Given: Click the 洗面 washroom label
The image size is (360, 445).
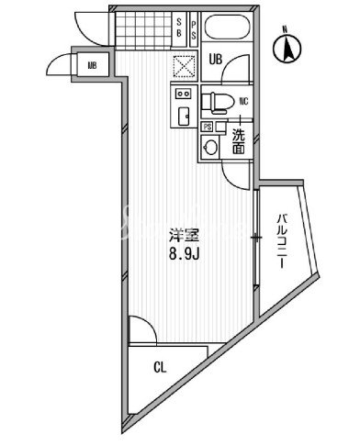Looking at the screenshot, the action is tap(238, 141).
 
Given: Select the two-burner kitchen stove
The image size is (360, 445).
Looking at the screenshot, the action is tap(181, 95).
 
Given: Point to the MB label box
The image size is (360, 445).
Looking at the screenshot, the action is tap(92, 64).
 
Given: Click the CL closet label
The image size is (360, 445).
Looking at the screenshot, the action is tap(160, 370).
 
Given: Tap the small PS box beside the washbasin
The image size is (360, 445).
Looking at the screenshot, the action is tap(207, 128).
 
